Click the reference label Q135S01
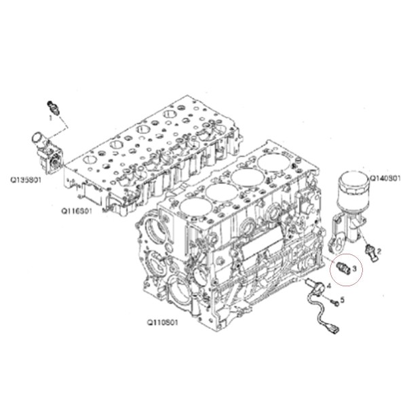pos(26,180)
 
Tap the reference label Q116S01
pos(77,211)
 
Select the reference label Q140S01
pos(385,178)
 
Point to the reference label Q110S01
pos(163,323)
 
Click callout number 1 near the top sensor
pos(51,118)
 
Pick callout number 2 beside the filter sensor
pos(379,251)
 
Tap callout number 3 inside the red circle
pos(354,267)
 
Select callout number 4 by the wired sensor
pos(329,286)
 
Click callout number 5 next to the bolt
pos(343,300)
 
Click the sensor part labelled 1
pos(54,107)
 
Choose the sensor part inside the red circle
pos(343,268)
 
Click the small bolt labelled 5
pos(335,302)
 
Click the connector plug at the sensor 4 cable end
pos(334,328)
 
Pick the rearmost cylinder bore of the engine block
pos(273,163)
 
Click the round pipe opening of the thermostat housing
pos(37,137)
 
